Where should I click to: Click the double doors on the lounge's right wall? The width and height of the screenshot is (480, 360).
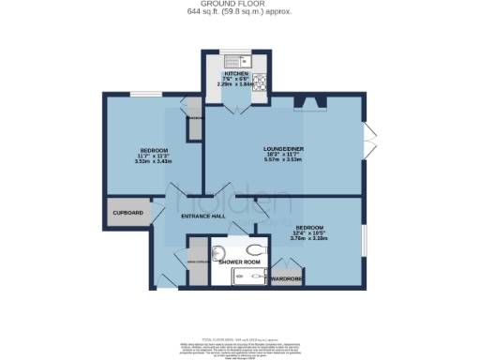pos(368,142)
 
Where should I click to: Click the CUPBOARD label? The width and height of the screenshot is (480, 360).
pos(127,214)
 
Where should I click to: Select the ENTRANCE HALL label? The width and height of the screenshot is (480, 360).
pos(202,217)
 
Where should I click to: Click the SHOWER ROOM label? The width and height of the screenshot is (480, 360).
pos(239,262)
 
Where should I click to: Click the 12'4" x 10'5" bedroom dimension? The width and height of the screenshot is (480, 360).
pos(310,238)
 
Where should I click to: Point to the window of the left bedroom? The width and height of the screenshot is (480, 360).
pos(144,94)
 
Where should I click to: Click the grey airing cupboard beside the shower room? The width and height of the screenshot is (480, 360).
pos(196,266)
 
